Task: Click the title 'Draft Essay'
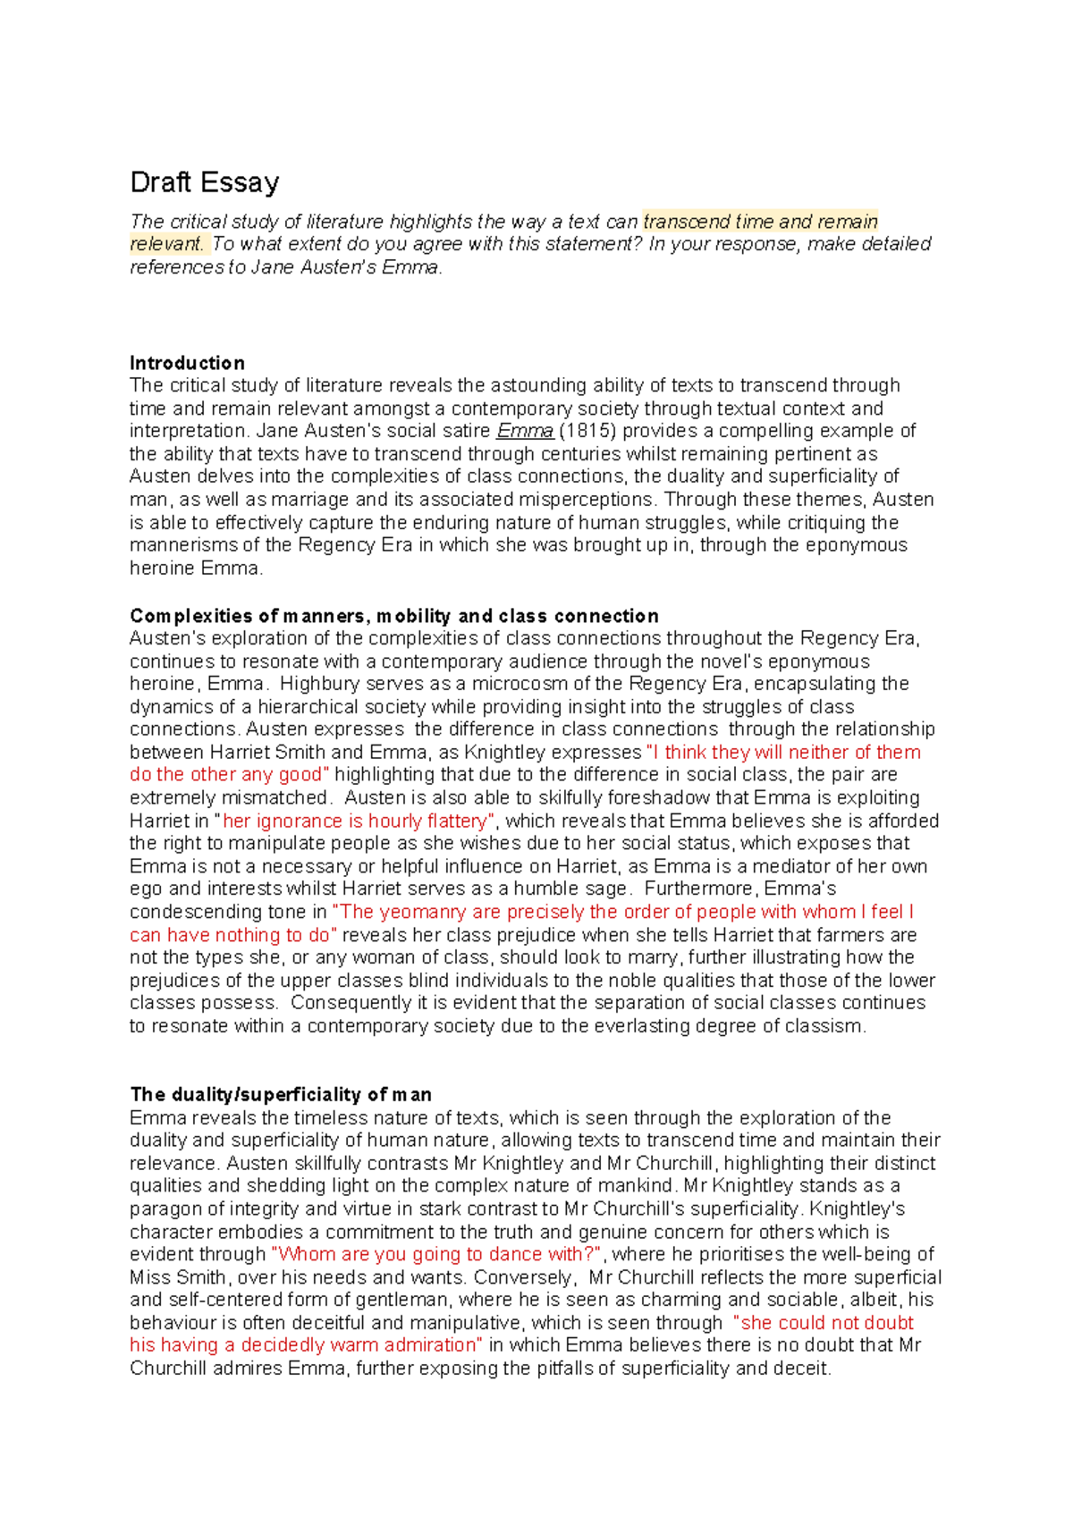(x=204, y=182)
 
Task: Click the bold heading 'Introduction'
(x=187, y=363)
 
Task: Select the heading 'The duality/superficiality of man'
(x=281, y=1094)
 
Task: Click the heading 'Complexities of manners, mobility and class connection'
(x=393, y=616)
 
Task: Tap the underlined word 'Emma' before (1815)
(x=525, y=431)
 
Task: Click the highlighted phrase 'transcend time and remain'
(x=760, y=222)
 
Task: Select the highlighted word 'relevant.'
(x=167, y=244)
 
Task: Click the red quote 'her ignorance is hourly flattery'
(x=355, y=821)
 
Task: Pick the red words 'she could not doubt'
(x=827, y=1323)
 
